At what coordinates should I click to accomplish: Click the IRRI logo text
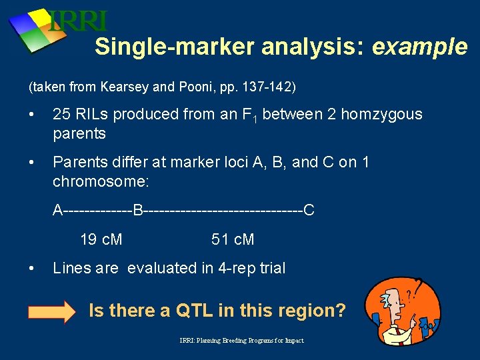pos(79,21)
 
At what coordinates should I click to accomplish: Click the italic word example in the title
pos(420,47)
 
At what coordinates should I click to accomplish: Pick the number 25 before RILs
pos(61,114)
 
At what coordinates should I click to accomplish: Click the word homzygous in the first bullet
pos(384,114)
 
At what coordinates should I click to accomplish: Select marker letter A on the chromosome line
pos(58,211)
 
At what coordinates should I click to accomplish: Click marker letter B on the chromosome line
pos(138,211)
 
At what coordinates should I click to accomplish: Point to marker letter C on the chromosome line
pos(309,211)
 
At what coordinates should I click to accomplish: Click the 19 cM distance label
pos(101,239)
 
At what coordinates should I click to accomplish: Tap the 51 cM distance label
pos(233,239)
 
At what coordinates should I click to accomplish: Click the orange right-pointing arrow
pos(52,311)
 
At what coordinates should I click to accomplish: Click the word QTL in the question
pos(195,311)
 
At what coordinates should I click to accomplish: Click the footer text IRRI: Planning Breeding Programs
pos(241,341)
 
